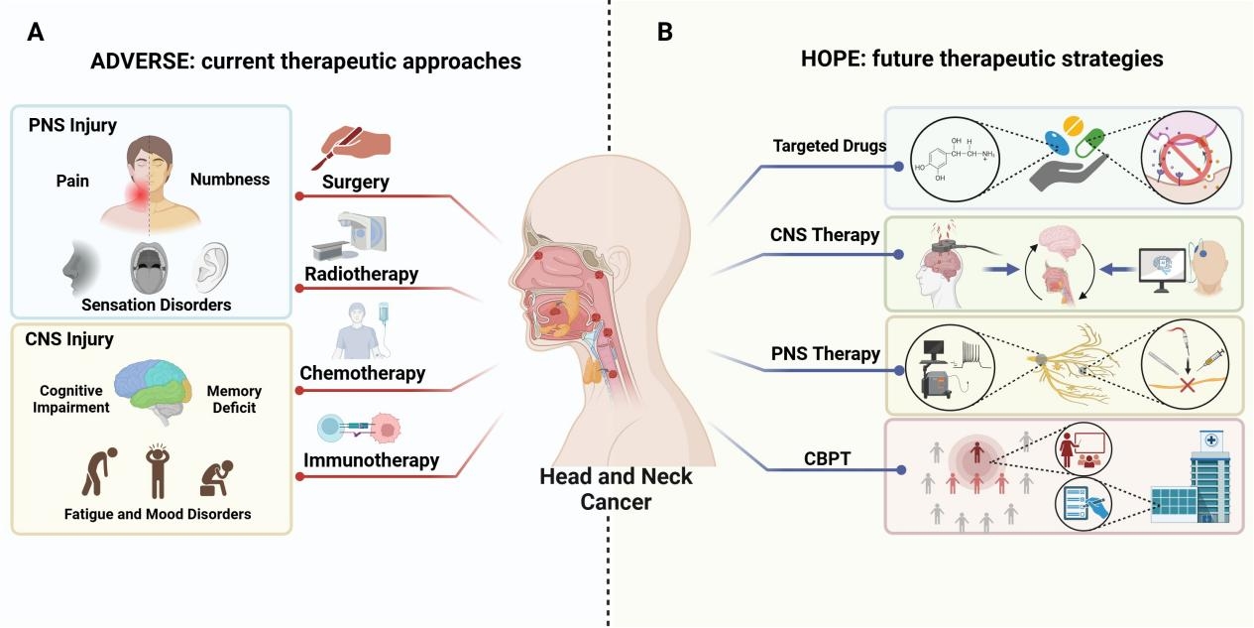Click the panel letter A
[36, 32]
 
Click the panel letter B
[665, 32]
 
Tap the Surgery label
[355, 183]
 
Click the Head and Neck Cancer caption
[616, 489]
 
